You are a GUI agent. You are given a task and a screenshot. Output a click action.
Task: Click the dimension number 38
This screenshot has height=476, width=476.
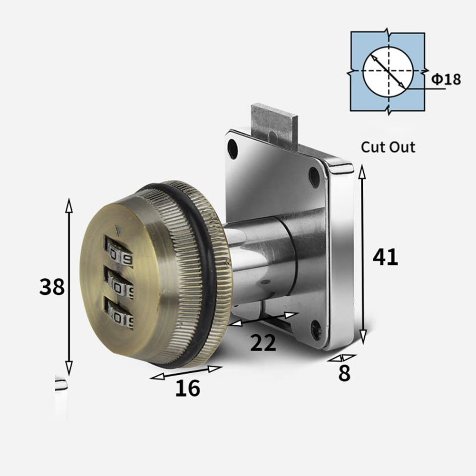pyautogui.click(x=52, y=287)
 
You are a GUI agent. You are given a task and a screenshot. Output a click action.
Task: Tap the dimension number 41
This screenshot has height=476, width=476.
pyautogui.click(x=385, y=257)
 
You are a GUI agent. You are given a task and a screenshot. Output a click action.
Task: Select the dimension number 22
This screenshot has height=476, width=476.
pyautogui.click(x=263, y=343)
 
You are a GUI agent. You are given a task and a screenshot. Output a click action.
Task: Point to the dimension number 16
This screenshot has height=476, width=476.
pyautogui.click(x=188, y=389)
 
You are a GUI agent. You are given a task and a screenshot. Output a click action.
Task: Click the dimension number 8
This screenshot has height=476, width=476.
pyautogui.click(x=344, y=374)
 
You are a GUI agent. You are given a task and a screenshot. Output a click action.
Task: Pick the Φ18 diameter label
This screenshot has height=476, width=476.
pyautogui.click(x=446, y=79)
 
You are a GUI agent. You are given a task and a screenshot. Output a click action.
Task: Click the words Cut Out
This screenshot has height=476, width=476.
pyautogui.click(x=388, y=147)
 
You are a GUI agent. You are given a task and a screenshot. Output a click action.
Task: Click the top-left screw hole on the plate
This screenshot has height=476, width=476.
pyautogui.click(x=233, y=149)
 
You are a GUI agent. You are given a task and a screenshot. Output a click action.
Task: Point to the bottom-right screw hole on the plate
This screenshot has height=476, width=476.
pyautogui.click(x=316, y=330)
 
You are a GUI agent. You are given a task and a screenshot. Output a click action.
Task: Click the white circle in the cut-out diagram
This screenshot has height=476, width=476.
pyautogui.click(x=388, y=71)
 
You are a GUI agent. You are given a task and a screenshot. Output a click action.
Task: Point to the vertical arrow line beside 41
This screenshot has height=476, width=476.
pyautogui.click(x=363, y=254)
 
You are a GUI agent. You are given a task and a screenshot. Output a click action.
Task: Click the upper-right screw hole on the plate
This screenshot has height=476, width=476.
pyautogui.click(x=314, y=177)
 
